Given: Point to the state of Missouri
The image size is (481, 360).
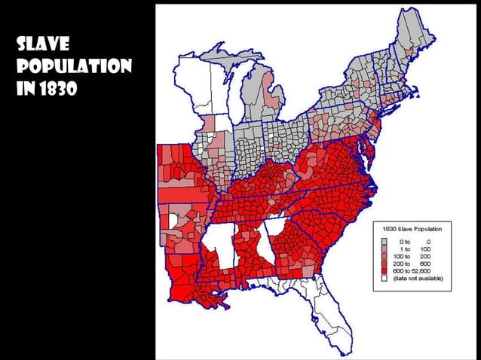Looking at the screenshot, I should (178, 170).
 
